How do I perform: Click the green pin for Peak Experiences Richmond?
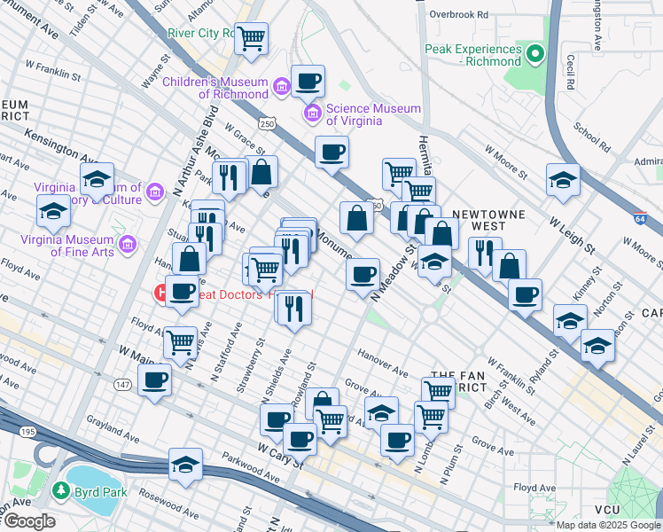click(x=534, y=55)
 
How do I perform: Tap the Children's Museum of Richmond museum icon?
click(x=282, y=87)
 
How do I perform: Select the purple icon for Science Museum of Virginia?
click(x=312, y=113)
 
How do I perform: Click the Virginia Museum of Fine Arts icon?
click(x=127, y=243)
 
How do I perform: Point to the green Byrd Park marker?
click(x=60, y=490)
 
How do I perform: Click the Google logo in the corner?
click(x=28, y=521)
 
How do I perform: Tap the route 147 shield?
click(x=122, y=384)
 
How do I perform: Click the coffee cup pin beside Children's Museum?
click(x=308, y=82)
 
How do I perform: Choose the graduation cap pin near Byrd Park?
click(x=185, y=464)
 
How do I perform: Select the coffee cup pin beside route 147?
click(x=155, y=379)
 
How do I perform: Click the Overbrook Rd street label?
click(x=458, y=14)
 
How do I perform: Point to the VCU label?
click(x=607, y=510)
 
